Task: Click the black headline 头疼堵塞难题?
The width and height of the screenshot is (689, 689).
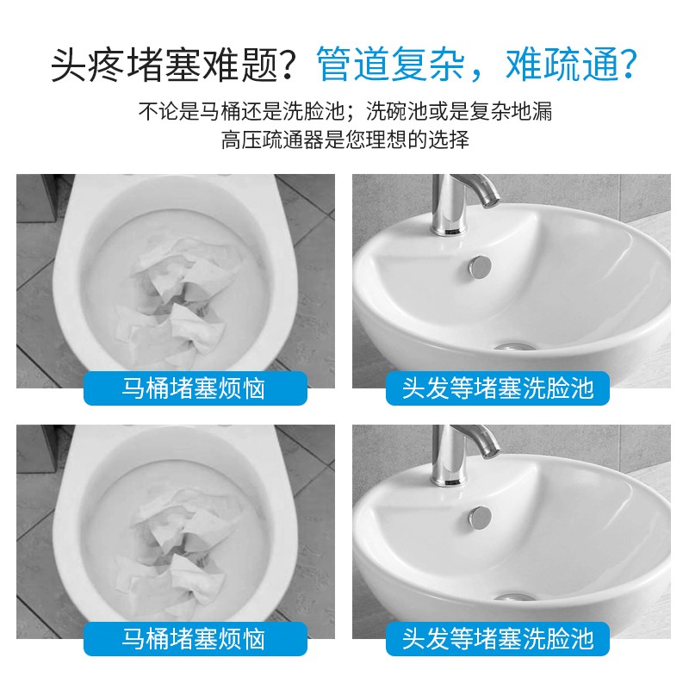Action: (172, 65)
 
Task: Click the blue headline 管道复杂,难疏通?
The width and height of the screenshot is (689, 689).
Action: (477, 65)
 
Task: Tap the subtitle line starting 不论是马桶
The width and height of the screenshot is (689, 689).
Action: (345, 112)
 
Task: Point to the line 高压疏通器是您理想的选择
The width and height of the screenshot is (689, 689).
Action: (345, 140)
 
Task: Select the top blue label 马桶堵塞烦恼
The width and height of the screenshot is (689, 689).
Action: (196, 388)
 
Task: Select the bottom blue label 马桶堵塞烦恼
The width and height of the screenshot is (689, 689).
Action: (196, 639)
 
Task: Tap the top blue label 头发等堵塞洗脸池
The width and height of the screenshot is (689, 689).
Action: (498, 388)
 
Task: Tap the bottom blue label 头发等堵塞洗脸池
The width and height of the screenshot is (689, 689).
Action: (498, 639)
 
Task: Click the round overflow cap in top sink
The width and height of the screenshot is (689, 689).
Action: (480, 268)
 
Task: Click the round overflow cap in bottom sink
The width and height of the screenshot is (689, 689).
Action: (480, 518)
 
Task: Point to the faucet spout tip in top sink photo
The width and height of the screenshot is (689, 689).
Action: (491, 201)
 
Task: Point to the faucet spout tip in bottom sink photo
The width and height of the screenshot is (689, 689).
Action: (491, 450)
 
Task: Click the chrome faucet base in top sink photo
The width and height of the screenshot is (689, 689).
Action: (448, 229)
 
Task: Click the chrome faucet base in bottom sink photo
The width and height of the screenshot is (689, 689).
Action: (448, 480)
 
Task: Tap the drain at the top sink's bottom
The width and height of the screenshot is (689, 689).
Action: (513, 348)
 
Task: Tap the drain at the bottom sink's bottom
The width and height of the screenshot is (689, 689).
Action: (513, 598)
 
